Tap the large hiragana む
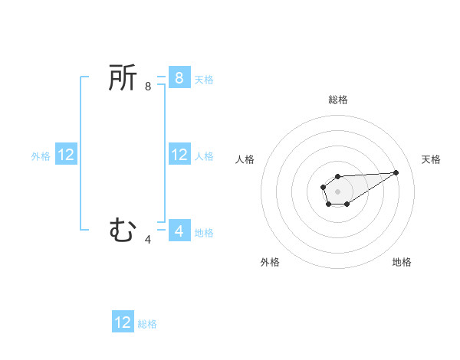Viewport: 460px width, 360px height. [x=123, y=229]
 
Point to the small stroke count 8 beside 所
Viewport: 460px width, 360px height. [x=148, y=87]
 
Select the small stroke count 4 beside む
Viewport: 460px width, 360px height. [x=148, y=240]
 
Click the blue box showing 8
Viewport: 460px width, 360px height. [x=179, y=77]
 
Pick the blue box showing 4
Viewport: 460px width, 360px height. [x=179, y=230]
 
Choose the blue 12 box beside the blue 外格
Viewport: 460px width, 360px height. [x=66, y=155]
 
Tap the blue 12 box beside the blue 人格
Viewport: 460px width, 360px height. [x=179, y=155]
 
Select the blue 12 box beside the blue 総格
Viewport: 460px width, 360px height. [x=123, y=322]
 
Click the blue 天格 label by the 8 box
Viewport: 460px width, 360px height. [x=204, y=80]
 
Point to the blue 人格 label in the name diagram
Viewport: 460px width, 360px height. [x=204, y=156]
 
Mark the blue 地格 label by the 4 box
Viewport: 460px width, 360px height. [x=204, y=233]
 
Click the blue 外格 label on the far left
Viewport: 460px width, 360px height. [x=41, y=156]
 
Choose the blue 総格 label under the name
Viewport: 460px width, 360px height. [x=147, y=324]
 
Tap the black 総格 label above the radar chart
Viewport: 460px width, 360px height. [x=337, y=100]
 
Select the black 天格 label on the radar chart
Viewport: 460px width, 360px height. [x=431, y=159]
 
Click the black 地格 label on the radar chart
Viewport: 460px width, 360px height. [x=402, y=262]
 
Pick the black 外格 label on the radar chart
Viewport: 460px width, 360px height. [x=270, y=262]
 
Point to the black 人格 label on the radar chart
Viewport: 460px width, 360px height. [x=245, y=159]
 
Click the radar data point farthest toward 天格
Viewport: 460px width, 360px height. [x=396, y=172]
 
